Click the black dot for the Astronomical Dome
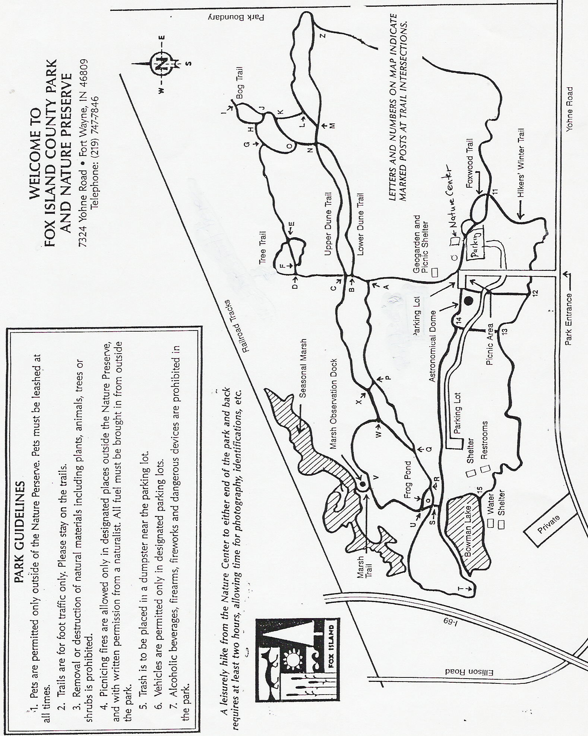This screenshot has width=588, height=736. click(469, 300)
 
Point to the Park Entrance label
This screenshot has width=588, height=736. click(569, 319)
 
